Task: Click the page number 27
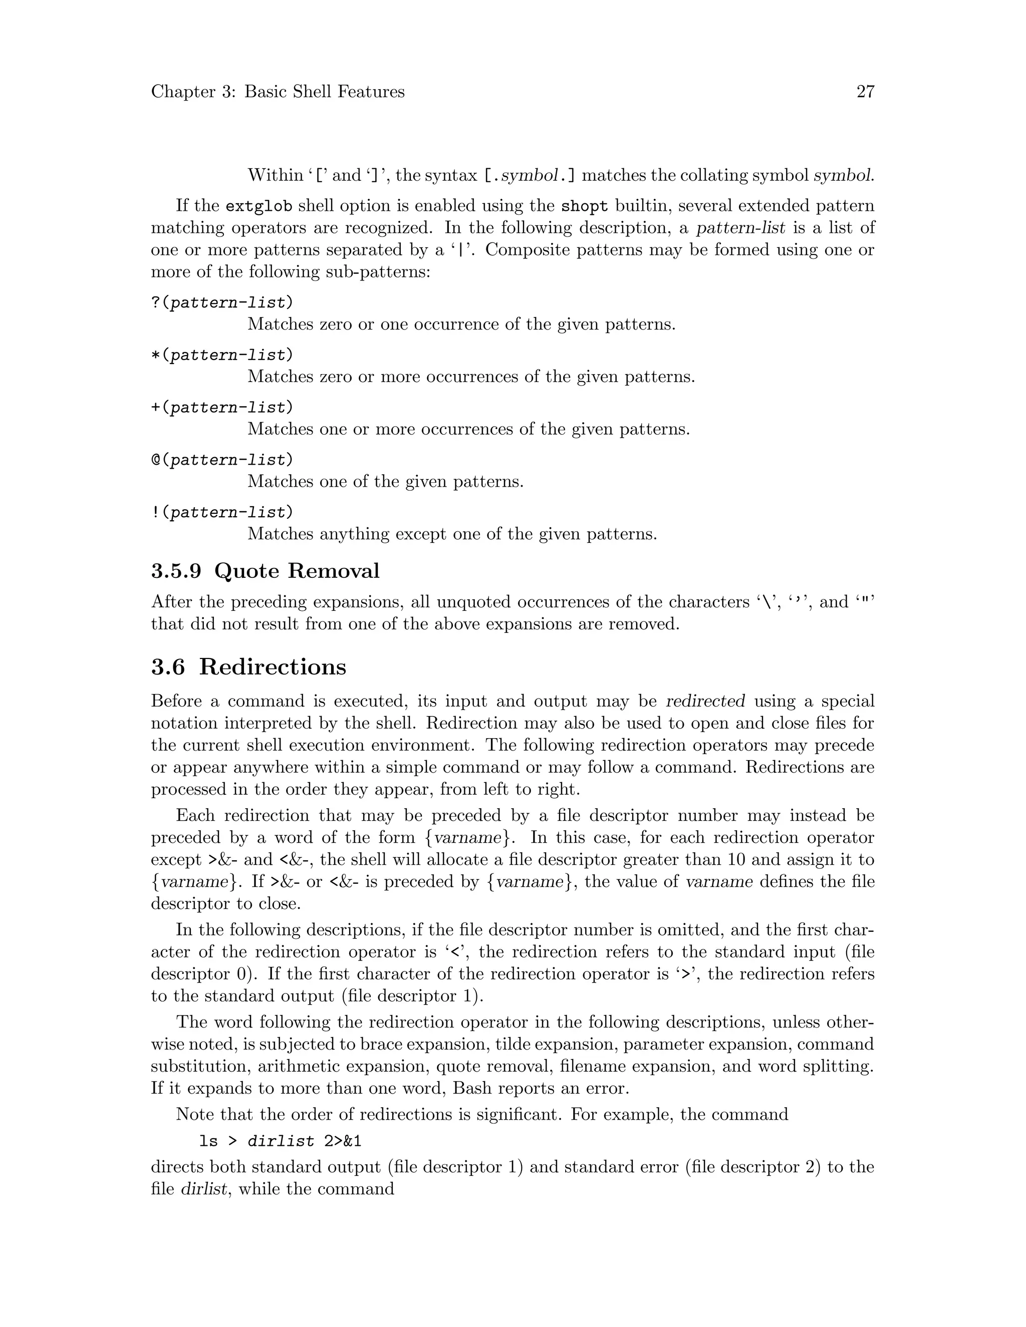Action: point(865,92)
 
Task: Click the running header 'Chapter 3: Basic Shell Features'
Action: point(278,92)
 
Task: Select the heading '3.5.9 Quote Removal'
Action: point(266,571)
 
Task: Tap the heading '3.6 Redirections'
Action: point(248,667)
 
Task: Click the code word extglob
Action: point(259,206)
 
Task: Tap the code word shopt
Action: point(584,206)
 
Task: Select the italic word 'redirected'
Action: point(706,701)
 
